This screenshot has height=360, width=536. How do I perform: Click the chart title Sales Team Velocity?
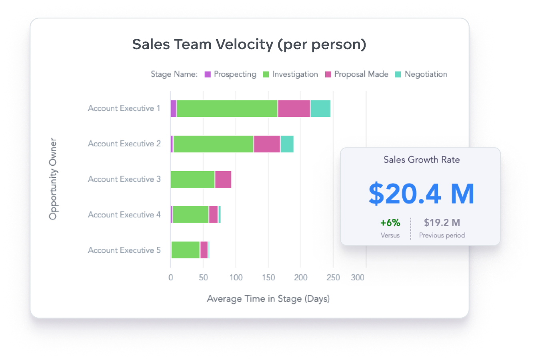click(x=249, y=44)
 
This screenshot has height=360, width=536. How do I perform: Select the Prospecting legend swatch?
click(x=208, y=74)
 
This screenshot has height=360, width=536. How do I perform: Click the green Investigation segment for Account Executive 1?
click(x=227, y=108)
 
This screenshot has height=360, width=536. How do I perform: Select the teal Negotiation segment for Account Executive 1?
click(x=320, y=108)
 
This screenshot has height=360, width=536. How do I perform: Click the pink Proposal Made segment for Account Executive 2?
click(x=267, y=144)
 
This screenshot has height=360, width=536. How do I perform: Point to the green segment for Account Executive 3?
click(x=193, y=179)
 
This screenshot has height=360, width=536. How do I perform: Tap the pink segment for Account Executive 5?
click(x=204, y=250)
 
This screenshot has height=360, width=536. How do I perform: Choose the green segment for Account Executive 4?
click(x=191, y=215)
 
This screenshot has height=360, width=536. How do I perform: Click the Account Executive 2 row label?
click(x=124, y=144)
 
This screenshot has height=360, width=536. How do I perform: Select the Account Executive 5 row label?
click(x=124, y=250)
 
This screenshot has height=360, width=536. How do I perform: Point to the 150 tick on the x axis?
click(x=268, y=278)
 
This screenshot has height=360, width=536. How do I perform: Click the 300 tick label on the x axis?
click(x=358, y=278)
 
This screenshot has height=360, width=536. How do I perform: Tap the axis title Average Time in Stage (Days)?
click(x=268, y=299)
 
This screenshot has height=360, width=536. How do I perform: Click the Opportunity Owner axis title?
click(x=53, y=179)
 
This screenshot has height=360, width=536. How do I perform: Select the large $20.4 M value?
click(x=421, y=194)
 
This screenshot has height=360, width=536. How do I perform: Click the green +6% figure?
click(x=390, y=222)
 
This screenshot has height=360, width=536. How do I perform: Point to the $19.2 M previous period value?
click(x=442, y=222)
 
